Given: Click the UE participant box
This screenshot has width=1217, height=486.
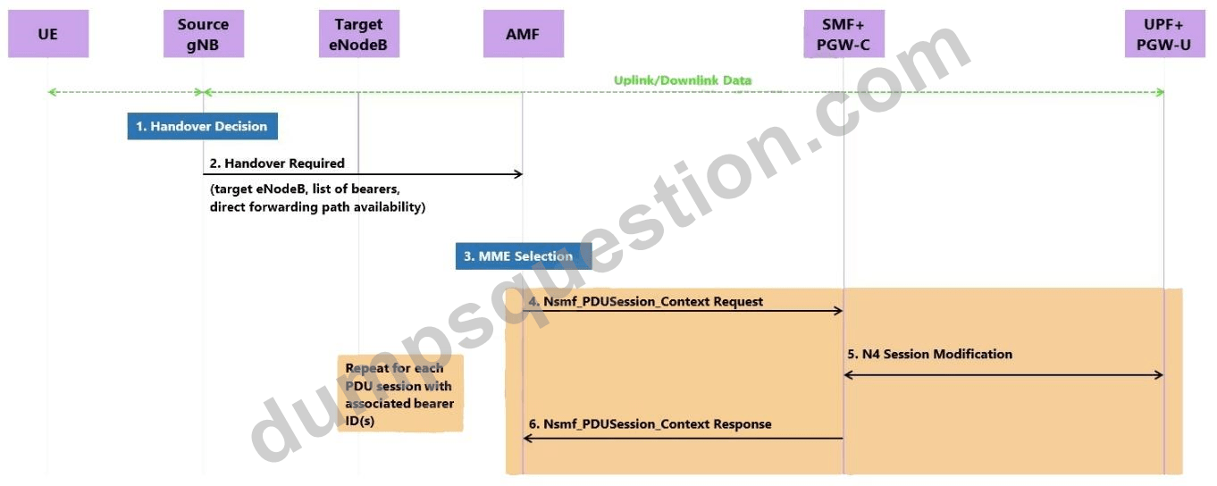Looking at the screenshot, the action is click(48, 34).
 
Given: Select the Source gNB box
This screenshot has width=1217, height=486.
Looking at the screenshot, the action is click(204, 34).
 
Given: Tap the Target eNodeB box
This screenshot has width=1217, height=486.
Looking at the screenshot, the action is click(359, 34).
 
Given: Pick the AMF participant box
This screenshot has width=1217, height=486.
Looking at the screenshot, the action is click(524, 34).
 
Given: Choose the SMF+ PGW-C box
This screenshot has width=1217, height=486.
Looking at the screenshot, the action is click(844, 34).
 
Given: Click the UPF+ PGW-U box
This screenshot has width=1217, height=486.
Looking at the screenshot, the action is click(1165, 34).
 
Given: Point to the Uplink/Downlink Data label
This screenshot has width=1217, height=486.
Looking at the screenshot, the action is click(683, 80).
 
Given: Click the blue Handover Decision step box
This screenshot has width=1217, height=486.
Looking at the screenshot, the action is click(203, 126).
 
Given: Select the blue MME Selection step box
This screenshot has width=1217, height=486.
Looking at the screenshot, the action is click(524, 256).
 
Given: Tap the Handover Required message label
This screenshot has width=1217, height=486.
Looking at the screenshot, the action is click(277, 163).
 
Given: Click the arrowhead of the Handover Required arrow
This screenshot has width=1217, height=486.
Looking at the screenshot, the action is click(518, 174).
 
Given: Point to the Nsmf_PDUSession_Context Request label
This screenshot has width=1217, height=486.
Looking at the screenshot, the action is click(645, 301).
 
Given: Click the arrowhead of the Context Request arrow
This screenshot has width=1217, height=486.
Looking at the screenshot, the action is click(838, 311).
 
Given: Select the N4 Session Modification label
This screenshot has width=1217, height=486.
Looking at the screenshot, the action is click(929, 354).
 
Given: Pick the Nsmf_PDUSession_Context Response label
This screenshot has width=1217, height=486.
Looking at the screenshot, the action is click(650, 423).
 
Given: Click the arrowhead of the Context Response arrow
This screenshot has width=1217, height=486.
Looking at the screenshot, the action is click(528, 438).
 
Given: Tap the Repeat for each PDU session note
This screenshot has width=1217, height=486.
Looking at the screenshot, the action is click(400, 394).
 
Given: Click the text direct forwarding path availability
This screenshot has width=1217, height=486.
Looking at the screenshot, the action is click(317, 207).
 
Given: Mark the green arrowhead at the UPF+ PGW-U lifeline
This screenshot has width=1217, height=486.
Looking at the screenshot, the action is click(1160, 92).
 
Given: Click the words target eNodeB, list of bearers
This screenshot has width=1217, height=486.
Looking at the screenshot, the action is click(305, 189).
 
